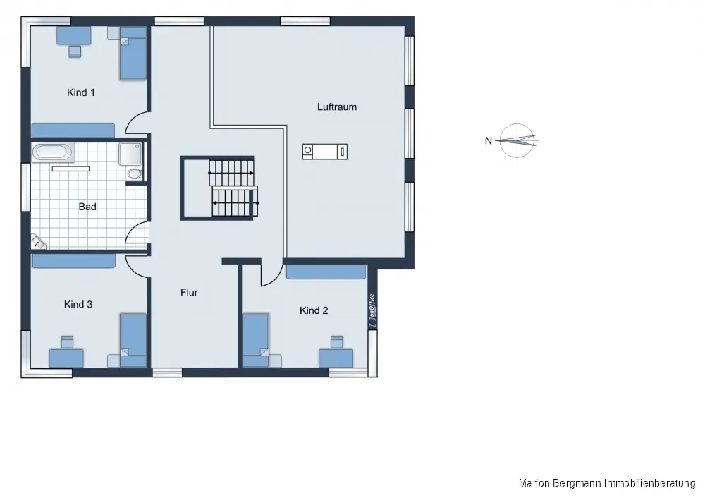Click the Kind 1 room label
pyautogui.click(x=81, y=92)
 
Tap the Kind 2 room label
pyautogui.click(x=314, y=310)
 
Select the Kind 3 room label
pyautogui.click(x=78, y=304)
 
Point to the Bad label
pyautogui.click(x=87, y=207)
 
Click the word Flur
pyautogui.click(x=189, y=293)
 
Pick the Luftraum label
pyautogui.click(x=337, y=107)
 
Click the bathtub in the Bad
pyautogui.click(x=54, y=152)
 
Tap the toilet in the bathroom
pyautogui.click(x=133, y=174)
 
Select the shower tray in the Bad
pyautogui.click(x=131, y=154)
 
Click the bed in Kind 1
pyautogui.click(x=133, y=54)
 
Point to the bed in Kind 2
pyautogui.click(x=256, y=340)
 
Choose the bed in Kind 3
pyautogui.click(x=133, y=340)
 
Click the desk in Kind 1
pyautogui.click(x=74, y=35)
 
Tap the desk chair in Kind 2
pyautogui.click(x=337, y=342)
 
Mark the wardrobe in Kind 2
pyautogui.click(x=326, y=272)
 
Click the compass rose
pyautogui.click(x=517, y=141)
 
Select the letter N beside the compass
pyautogui.click(x=489, y=141)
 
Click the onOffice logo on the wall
pyautogui.click(x=372, y=310)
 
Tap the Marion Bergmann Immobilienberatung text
pyautogui.click(x=607, y=483)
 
